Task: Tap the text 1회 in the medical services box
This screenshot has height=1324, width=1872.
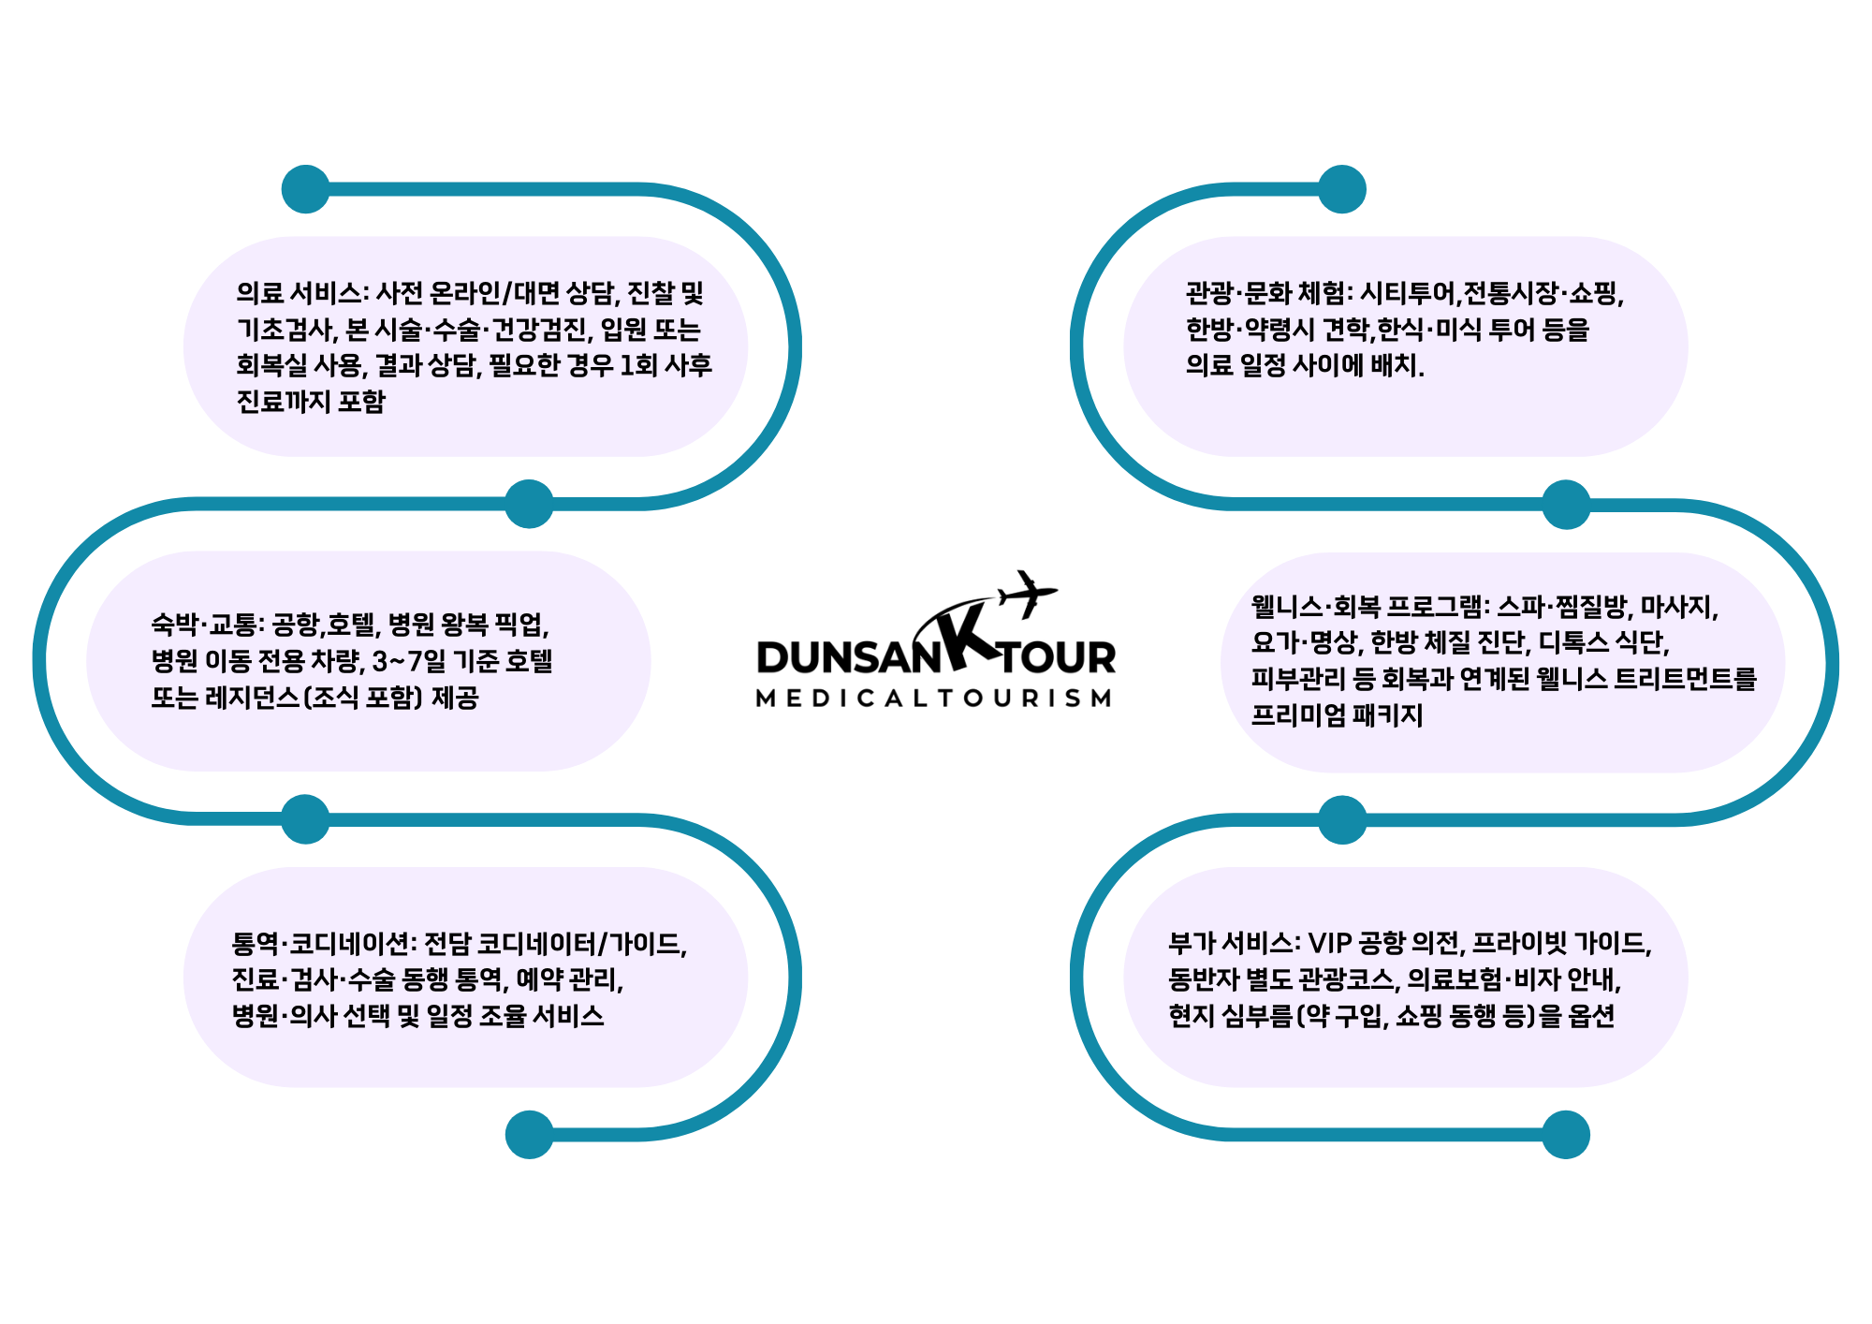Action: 638,366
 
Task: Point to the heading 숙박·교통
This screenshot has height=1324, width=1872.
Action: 205,625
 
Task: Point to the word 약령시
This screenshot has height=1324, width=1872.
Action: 1280,330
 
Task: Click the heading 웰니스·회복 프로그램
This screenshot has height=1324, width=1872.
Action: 1367,607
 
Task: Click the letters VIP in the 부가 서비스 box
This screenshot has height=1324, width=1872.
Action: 1328,944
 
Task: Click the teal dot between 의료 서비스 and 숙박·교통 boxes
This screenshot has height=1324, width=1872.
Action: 529,504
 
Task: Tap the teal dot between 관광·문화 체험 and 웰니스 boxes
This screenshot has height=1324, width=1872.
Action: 1566,505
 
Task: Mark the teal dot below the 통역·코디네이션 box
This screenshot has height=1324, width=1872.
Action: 529,1135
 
